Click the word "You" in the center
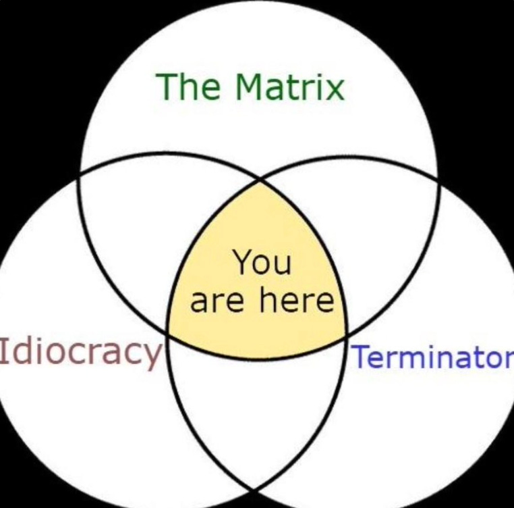pos(262,262)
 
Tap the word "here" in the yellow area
pos(297,300)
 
